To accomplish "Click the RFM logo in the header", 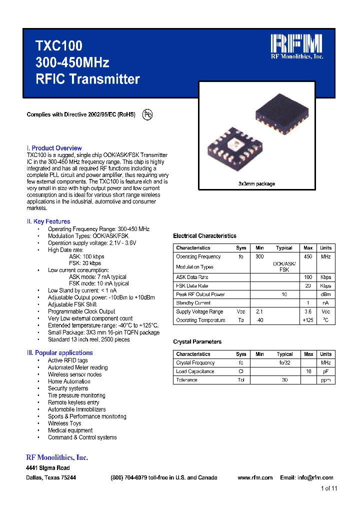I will pyautogui.click(x=296, y=44).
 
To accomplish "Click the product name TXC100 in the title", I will pyautogui.click(x=58, y=46).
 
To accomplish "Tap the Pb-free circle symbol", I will pyautogui.click(x=147, y=114).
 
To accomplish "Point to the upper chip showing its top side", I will pyautogui.click(x=278, y=115).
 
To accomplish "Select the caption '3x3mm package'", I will pyautogui.click(x=256, y=184).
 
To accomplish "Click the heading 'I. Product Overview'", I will pyautogui.click(x=54, y=148).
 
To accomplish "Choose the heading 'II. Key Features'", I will pyautogui.click(x=48, y=221).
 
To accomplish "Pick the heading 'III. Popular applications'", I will pyautogui.click(x=59, y=353).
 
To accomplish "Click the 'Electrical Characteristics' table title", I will pyautogui.click(x=204, y=236).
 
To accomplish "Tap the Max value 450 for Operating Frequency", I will pyautogui.click(x=308, y=256).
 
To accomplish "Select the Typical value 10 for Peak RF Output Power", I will pyautogui.click(x=284, y=294).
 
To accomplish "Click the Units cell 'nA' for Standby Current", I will pyautogui.click(x=325, y=303).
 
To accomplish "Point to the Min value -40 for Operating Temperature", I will pyautogui.click(x=259, y=320).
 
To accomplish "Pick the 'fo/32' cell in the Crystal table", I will pyautogui.click(x=284, y=363).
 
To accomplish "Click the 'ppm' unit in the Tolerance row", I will pyautogui.click(x=325, y=380).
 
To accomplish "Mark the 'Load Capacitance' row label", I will pyautogui.click(x=195, y=371).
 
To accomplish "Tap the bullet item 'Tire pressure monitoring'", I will pyautogui.click(x=69, y=395).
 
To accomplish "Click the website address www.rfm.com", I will pyautogui.click(x=255, y=477).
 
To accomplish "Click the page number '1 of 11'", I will pyautogui.click(x=328, y=488).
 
